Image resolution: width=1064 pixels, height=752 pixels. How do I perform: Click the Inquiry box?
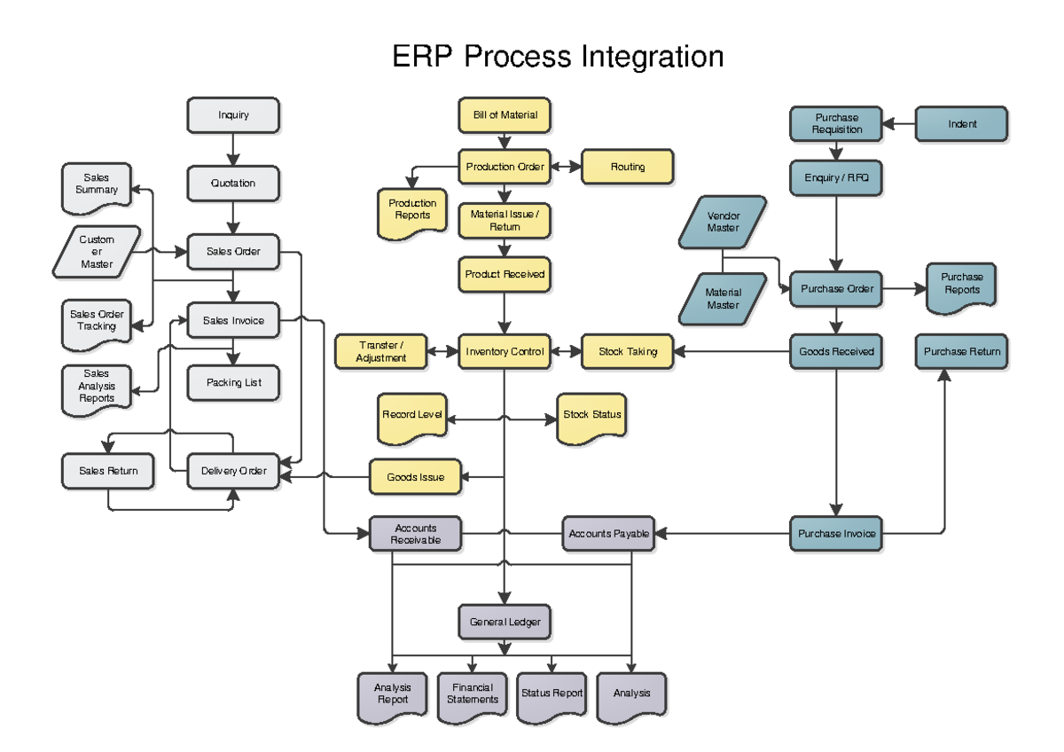click(233, 115)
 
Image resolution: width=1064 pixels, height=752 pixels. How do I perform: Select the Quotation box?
click(233, 184)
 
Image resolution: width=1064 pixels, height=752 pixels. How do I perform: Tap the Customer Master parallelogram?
click(97, 252)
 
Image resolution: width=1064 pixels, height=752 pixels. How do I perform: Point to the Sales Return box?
click(108, 471)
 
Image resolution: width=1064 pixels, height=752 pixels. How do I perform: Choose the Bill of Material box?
click(505, 115)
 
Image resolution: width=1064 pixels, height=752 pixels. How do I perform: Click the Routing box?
click(628, 167)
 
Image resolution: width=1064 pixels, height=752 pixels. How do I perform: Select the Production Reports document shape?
click(412, 211)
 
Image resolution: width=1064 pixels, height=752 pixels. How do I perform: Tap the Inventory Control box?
click(505, 352)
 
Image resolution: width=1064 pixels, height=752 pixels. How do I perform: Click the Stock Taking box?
click(628, 352)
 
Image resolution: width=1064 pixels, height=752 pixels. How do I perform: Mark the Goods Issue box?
click(415, 478)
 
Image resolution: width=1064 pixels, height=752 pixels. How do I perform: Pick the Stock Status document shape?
click(592, 416)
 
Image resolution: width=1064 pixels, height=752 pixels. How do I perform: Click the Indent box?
click(961, 124)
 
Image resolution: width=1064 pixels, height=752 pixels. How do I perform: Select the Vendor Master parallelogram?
click(723, 223)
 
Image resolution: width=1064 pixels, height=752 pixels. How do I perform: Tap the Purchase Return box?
click(961, 352)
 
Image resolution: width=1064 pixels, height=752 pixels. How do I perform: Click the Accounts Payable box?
click(609, 534)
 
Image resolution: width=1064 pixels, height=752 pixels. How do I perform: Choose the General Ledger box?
click(505, 623)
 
